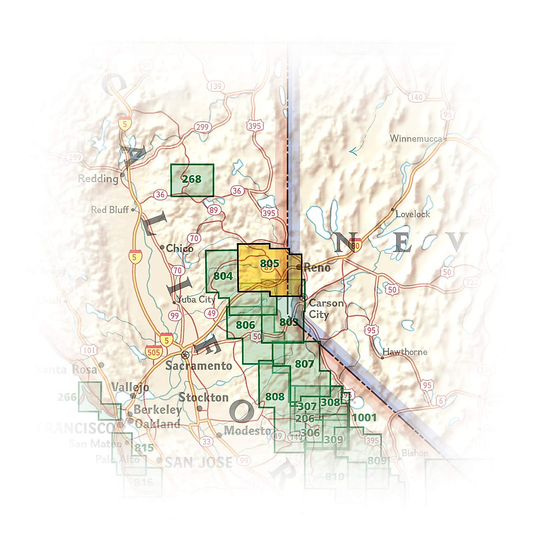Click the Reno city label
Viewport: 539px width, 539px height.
317,268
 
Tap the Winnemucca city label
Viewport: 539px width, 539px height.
416,138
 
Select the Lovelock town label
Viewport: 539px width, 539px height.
412,214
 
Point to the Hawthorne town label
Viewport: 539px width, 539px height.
405,352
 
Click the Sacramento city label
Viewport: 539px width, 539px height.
199,366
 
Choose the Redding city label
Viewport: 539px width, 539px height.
98,179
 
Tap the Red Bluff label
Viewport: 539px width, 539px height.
110,210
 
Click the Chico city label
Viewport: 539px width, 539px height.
179,248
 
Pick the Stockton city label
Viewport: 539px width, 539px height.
203,398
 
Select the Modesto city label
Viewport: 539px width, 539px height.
247,431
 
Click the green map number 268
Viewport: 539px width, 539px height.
192,179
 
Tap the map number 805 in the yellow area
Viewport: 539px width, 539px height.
269,263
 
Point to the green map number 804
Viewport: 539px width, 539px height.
223,276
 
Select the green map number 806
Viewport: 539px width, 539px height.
245,325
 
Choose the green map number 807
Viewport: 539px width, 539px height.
305,364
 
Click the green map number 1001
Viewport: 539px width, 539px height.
364,418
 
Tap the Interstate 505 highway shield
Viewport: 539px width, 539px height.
154,352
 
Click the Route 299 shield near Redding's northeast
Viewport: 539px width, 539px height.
202,127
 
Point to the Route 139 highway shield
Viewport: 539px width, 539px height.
216,86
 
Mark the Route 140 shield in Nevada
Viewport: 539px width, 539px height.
417,97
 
